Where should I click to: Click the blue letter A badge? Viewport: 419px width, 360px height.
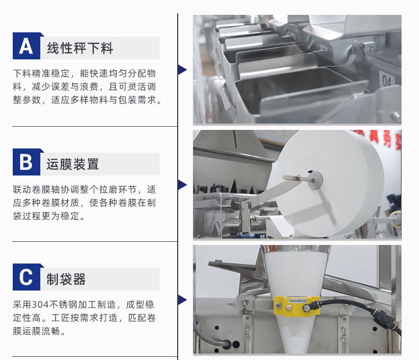27,46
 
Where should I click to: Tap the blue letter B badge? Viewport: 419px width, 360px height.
27,162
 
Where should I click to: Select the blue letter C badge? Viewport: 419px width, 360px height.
27,277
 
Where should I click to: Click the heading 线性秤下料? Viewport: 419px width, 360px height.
80,48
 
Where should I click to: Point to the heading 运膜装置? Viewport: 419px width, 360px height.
73,164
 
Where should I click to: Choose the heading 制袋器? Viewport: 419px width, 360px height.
66,279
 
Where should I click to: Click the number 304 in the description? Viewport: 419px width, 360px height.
40,305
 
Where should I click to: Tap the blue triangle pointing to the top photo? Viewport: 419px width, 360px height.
182,69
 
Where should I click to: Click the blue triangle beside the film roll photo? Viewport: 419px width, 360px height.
182,185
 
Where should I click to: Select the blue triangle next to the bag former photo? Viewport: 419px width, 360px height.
182,300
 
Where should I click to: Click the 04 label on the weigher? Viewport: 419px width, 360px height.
387,80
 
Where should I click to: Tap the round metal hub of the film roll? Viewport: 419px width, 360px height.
315,179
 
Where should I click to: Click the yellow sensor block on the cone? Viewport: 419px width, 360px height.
296,306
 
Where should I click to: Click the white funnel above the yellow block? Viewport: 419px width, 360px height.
296,272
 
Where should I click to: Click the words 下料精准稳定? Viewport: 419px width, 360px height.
41,73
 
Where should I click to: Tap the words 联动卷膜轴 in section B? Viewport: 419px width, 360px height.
37,189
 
